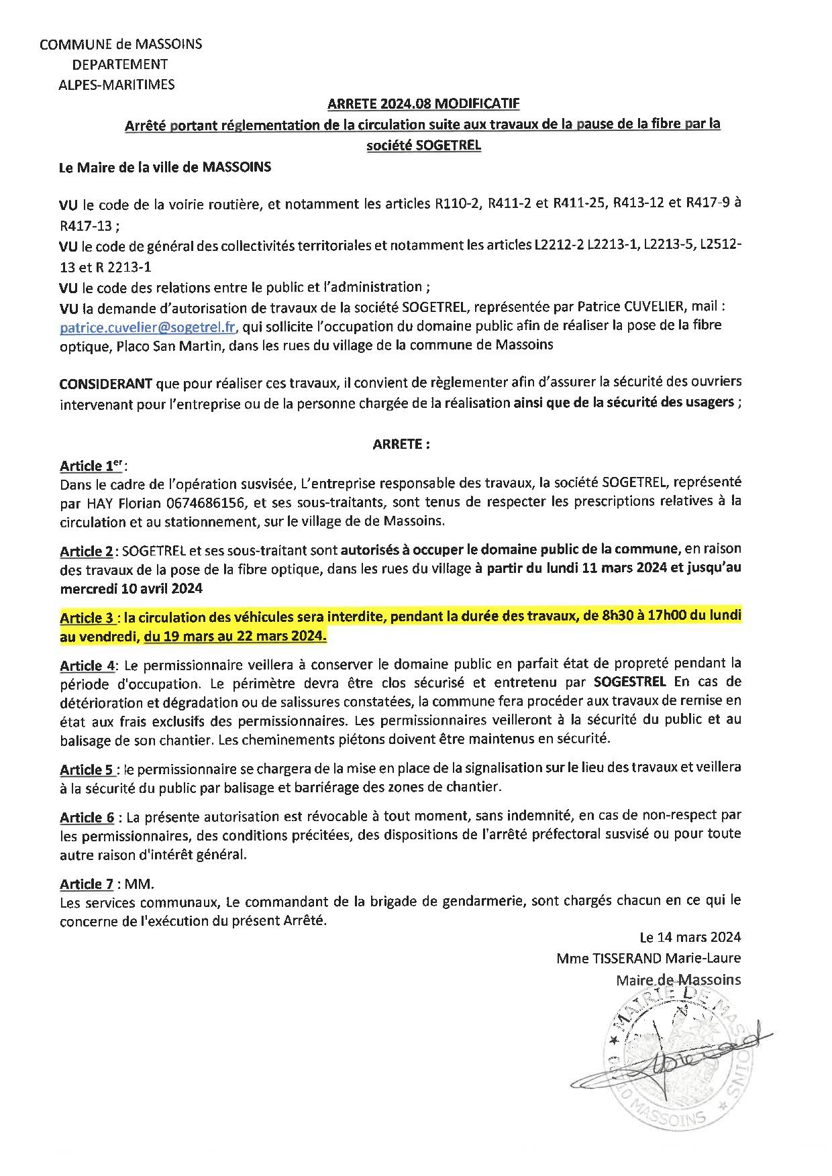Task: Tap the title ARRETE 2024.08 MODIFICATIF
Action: (x=423, y=104)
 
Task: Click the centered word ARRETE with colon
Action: (x=401, y=443)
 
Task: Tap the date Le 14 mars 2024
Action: (x=690, y=937)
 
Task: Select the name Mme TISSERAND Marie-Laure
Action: (x=648, y=958)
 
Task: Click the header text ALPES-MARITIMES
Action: (x=116, y=85)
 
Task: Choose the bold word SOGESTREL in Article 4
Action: (x=630, y=682)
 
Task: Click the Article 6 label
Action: (x=86, y=817)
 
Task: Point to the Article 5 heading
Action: (x=86, y=768)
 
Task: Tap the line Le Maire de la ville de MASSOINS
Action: (x=165, y=168)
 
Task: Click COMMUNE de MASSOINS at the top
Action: (x=121, y=44)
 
